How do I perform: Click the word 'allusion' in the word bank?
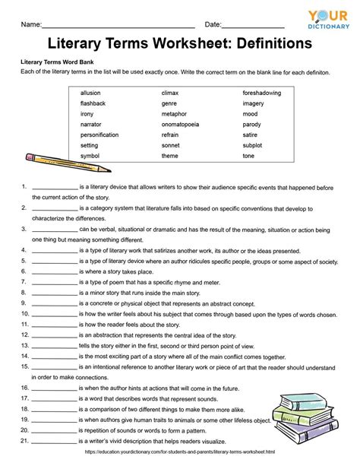pos(90,93)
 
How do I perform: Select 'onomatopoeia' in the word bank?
pos(179,124)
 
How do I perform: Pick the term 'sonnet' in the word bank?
pos(171,145)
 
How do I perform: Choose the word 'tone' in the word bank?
pos(248,156)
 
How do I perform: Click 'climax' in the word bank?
pos(171,93)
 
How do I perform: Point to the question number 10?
pos(25,312)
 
